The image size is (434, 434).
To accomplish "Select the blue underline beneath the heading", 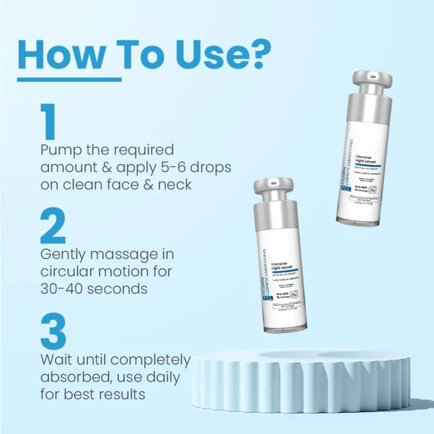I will [69, 80].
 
